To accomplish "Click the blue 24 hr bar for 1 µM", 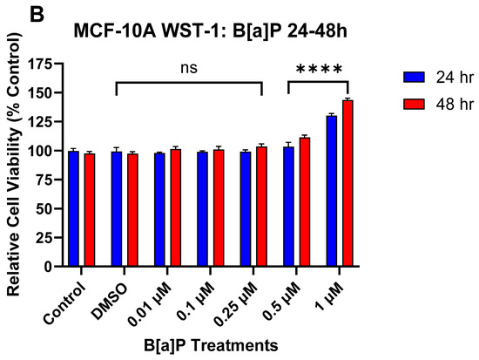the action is pyautogui.click(x=332, y=191).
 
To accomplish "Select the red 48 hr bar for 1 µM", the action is pyautogui.click(x=347, y=184).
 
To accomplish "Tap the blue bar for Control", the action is pyautogui.click(x=74, y=209).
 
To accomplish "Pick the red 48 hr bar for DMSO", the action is pyautogui.click(x=132, y=210).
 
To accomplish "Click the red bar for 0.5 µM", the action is pyautogui.click(x=305, y=202).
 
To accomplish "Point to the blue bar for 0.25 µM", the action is pyautogui.click(x=246, y=209).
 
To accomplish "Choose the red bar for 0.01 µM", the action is pyautogui.click(x=176, y=208).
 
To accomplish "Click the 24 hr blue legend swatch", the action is pyautogui.click(x=414, y=77).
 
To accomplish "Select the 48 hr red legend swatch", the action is pyautogui.click(x=414, y=104).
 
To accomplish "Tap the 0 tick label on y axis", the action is pyautogui.click(x=48, y=267).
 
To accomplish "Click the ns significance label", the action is pyautogui.click(x=189, y=68).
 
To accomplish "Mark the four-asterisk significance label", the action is pyautogui.click(x=319, y=69).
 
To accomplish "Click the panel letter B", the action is pyautogui.click(x=37, y=14).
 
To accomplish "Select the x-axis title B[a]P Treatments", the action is pyautogui.click(x=211, y=345).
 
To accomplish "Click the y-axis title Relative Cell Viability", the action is pyautogui.click(x=14, y=164).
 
